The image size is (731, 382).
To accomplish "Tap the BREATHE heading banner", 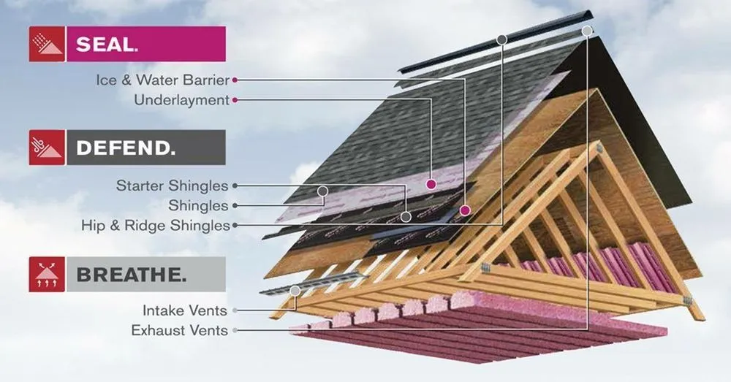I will [x=146, y=275].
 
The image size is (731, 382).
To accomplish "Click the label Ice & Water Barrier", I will [x=163, y=80].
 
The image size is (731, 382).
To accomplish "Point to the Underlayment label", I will [x=181, y=100].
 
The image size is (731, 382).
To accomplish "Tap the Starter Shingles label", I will [x=172, y=186].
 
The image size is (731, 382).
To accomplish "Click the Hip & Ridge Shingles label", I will [x=156, y=226].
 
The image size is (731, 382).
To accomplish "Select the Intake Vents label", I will [x=184, y=311].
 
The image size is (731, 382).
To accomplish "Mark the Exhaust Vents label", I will [x=179, y=331].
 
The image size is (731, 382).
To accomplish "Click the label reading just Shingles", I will [x=198, y=206].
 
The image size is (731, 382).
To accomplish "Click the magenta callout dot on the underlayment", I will [x=432, y=185].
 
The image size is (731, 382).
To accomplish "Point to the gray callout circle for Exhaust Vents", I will [x=587, y=31].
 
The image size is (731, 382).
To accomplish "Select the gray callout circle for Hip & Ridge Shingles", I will [x=501, y=38].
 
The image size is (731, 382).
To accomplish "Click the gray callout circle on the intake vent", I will [x=295, y=291].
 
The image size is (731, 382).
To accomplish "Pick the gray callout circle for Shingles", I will [x=321, y=192].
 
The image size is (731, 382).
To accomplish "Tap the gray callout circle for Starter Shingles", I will [x=406, y=217].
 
